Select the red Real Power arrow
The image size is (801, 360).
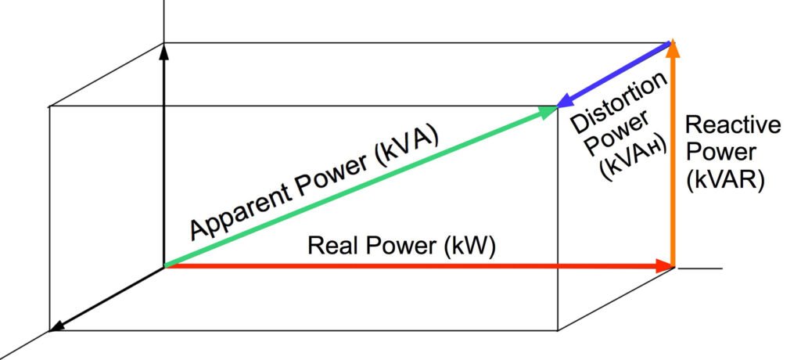[415, 267]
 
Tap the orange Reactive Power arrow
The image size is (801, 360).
[673, 157]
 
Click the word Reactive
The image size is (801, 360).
[732, 125]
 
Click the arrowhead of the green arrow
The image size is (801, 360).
[548, 112]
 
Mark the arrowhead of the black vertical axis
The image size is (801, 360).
[164, 52]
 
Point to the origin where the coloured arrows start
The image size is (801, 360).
[165, 267]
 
